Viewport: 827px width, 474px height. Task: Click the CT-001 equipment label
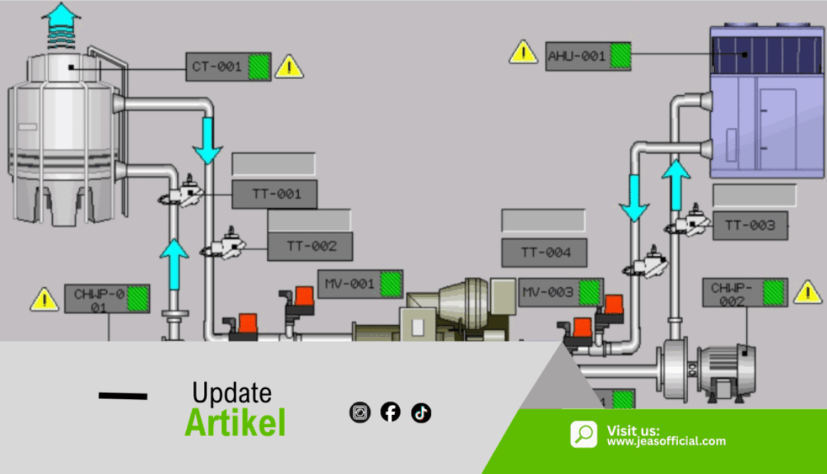[228, 66]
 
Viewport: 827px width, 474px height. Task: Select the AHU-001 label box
[588, 56]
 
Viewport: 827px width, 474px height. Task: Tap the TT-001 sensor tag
[274, 194]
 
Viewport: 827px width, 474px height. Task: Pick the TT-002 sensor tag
[310, 246]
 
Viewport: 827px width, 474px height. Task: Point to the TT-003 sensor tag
[750, 226]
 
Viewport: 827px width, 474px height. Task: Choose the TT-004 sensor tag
[544, 252]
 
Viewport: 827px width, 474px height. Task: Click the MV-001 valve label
[360, 284]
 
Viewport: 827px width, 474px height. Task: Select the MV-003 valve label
[561, 292]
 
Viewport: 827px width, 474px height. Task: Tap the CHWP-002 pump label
[745, 293]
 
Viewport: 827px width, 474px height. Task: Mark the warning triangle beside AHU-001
[523, 52]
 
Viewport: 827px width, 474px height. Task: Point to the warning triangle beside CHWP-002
[808, 293]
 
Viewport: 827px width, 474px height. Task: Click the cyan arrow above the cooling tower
[61, 26]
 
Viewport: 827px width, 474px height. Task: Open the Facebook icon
[390, 412]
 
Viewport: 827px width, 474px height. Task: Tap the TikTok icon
[421, 413]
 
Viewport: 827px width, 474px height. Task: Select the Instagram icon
[360, 412]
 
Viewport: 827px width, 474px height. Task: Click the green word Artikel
[235, 423]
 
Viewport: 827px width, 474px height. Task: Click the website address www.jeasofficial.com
[666, 441]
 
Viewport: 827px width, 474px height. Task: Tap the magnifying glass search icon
[584, 434]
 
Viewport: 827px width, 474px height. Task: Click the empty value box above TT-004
[543, 220]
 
